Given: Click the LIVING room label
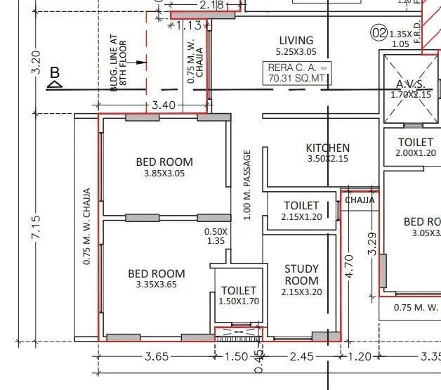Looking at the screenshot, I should point(296,40).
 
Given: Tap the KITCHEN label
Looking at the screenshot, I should point(327,148).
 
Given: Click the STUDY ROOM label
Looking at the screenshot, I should point(301,274).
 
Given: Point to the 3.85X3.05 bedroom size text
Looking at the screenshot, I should point(164,174).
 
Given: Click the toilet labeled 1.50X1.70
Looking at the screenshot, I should point(239,301).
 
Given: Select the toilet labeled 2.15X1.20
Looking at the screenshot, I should point(301,217).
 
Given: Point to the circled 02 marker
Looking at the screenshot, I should point(379,33).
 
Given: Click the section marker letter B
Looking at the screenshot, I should point(54,72).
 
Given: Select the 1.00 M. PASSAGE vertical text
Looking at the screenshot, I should point(247,185).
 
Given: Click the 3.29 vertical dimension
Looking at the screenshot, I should point(373,242).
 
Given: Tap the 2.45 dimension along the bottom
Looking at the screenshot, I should point(302,357).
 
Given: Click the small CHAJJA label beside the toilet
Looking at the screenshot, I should point(359,200).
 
